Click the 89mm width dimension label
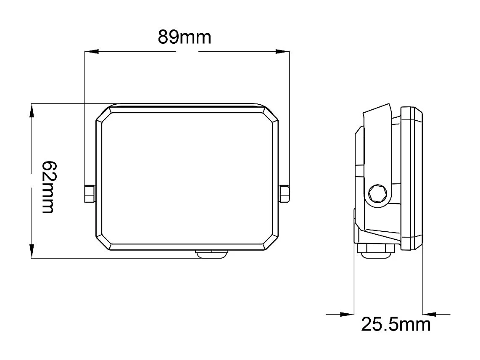pyautogui.click(x=185, y=38)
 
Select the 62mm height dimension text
pyautogui.click(x=47, y=187)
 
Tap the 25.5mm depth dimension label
pyautogui.click(x=396, y=325)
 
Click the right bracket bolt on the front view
pyautogui.click(x=285, y=194)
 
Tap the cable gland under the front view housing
pyautogui.click(x=212, y=254)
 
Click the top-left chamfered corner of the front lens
pyautogui.click(x=104, y=114)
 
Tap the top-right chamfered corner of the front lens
pyautogui.click(x=271, y=114)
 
